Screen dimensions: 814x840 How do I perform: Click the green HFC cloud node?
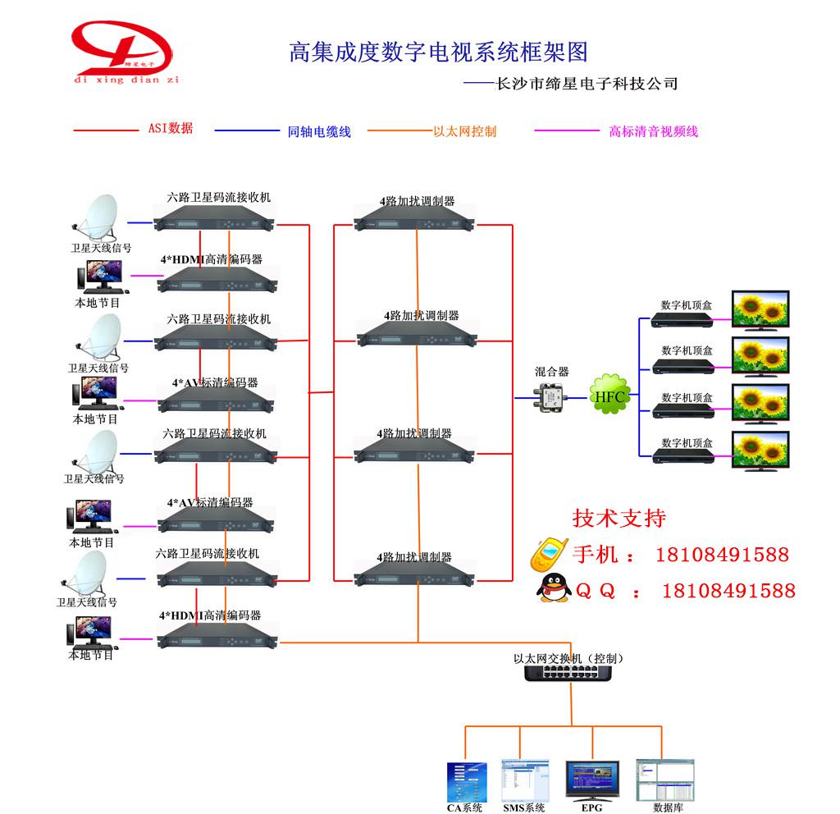click(x=609, y=397)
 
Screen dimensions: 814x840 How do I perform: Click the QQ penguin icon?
click(x=551, y=588)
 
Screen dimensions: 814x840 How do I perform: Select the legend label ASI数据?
click(x=171, y=128)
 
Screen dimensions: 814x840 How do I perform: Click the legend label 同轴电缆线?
click(x=319, y=131)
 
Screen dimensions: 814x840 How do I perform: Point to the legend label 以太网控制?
click(x=464, y=130)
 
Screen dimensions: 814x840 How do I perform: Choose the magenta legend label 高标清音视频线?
click(x=653, y=130)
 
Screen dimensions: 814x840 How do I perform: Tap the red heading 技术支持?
click(x=619, y=518)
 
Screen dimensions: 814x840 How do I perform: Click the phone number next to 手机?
click(x=722, y=555)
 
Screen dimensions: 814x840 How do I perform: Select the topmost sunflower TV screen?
click(x=760, y=309)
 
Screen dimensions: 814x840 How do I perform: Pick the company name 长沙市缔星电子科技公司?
click(x=582, y=83)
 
